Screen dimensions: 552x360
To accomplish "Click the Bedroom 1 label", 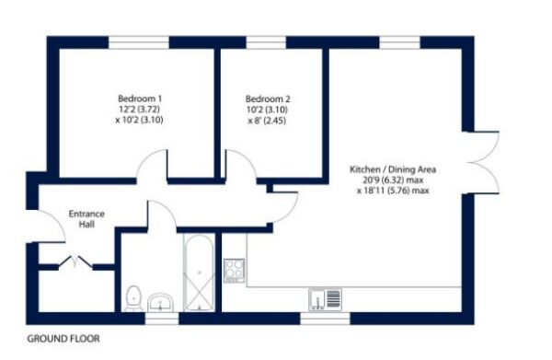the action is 140,99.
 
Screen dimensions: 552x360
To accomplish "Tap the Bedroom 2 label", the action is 268,99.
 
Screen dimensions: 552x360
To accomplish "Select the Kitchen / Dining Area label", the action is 393,169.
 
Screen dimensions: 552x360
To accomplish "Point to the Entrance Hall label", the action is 86,219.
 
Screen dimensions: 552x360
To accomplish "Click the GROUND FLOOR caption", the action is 63,339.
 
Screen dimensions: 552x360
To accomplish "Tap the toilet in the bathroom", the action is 133,298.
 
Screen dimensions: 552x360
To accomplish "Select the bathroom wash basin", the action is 160,302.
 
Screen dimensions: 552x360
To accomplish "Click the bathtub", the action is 199,273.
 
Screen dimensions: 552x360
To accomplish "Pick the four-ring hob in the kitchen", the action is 235,271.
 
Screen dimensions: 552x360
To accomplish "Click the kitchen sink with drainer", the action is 326,300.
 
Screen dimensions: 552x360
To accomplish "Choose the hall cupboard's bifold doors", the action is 75,262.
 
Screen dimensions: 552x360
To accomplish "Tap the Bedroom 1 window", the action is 139,42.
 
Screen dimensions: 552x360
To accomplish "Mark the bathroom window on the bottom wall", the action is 162,319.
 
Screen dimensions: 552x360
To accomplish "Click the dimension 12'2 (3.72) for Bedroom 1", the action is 140,110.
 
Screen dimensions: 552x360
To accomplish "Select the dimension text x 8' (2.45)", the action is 267,121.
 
